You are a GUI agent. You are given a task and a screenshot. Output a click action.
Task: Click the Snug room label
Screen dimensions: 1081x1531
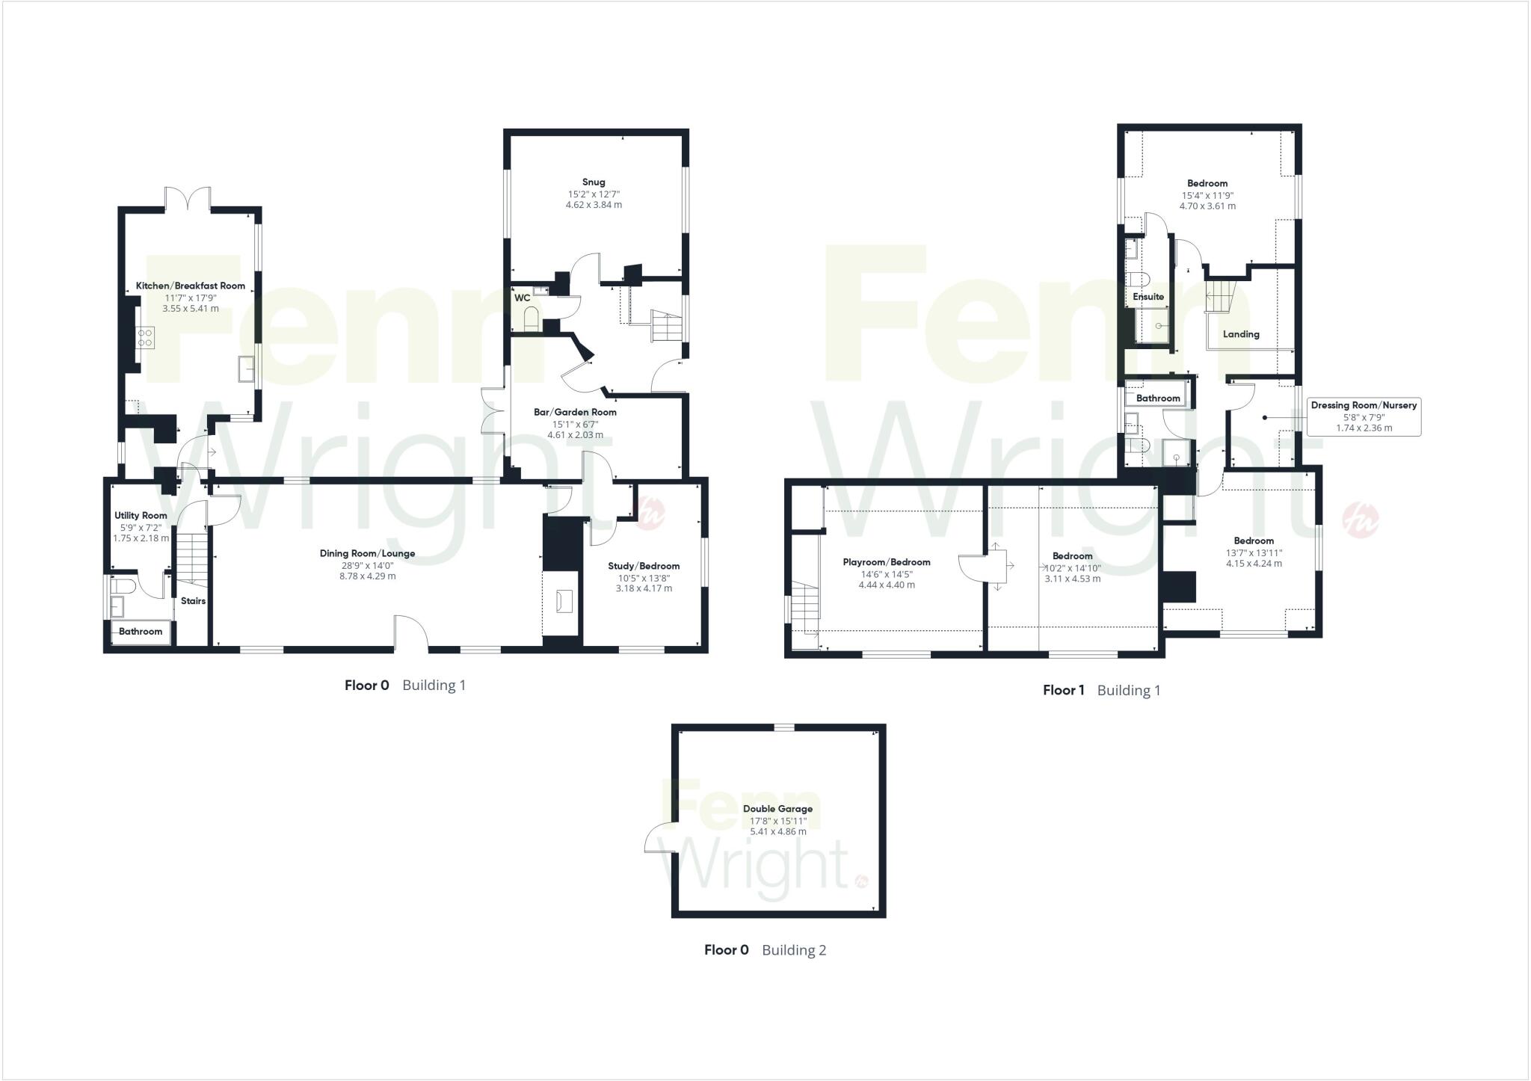tap(594, 182)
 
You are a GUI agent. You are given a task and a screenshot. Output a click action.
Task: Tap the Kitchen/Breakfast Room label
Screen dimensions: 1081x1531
tap(190, 286)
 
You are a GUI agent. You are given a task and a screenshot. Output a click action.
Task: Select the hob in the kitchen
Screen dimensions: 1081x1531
tap(145, 337)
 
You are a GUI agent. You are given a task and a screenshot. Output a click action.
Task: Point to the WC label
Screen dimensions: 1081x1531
tap(522, 298)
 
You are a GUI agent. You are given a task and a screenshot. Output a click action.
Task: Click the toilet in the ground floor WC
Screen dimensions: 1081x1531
tap(531, 320)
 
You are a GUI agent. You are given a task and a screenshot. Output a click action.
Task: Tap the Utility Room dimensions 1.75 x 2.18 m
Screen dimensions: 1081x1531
tap(141, 538)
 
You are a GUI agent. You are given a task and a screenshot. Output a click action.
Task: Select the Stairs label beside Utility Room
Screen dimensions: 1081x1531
tap(193, 601)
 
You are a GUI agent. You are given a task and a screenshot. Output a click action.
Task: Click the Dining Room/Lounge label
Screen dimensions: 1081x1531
tap(367, 553)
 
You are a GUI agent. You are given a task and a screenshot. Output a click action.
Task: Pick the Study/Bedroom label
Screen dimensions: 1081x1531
tap(644, 566)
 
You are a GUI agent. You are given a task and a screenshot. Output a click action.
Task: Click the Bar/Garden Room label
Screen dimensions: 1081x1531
tap(575, 412)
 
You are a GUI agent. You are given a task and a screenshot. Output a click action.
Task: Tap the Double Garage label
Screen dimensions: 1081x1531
tap(777, 808)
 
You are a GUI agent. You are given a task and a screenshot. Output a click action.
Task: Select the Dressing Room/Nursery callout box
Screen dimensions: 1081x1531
tap(1364, 416)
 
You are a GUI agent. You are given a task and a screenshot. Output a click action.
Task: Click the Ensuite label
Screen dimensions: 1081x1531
tap(1148, 297)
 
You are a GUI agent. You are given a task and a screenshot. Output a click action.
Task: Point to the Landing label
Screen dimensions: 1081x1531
tap(1241, 334)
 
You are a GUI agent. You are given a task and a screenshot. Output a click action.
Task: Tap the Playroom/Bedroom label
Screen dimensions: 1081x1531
tap(887, 562)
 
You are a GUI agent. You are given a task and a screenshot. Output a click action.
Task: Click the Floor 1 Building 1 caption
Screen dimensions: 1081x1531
tap(1101, 690)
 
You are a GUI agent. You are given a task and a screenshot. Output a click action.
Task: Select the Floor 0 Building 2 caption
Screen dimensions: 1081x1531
tap(765, 950)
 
